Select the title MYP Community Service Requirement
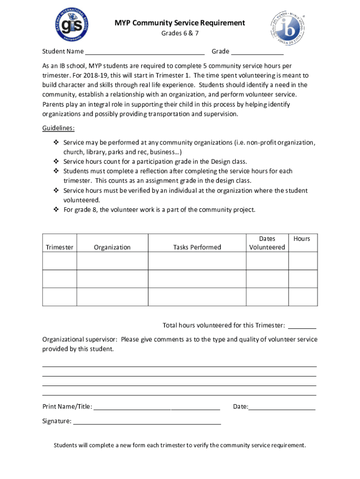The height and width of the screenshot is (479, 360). (x=180, y=22)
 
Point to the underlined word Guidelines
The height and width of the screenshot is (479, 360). (x=58, y=128)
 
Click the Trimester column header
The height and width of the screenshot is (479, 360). (x=59, y=247)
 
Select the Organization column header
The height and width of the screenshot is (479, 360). (x=112, y=247)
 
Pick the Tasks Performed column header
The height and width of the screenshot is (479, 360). (x=197, y=247)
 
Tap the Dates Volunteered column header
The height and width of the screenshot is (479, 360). (x=267, y=243)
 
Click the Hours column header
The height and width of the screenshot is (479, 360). (x=302, y=239)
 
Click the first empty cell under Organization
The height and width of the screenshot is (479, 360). (x=112, y=261)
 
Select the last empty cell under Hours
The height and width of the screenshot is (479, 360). (x=302, y=297)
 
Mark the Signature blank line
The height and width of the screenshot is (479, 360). (x=147, y=422)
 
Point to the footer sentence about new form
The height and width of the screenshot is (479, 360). (x=180, y=445)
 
